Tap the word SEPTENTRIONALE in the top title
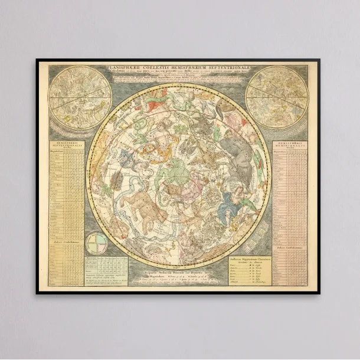click(x=228, y=68)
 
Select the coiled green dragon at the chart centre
click(x=177, y=171)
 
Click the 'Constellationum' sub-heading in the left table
click(x=66, y=240)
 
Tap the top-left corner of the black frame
click(x=37, y=60)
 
